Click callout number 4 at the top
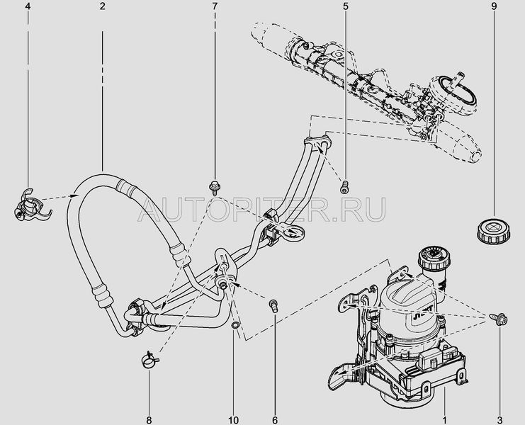(x=28, y=6)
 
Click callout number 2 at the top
(x=102, y=6)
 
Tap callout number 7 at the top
(x=214, y=6)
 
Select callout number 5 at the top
(x=345, y=6)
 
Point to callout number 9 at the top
(x=495, y=6)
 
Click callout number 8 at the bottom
(x=149, y=419)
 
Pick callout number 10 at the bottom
(x=233, y=419)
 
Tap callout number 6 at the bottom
(x=275, y=419)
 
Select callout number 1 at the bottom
(x=445, y=419)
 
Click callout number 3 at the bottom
(x=499, y=419)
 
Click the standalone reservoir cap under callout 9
(x=494, y=230)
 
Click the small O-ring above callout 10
(x=235, y=324)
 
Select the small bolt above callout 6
(x=274, y=305)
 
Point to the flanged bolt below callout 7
(x=214, y=187)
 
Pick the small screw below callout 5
(x=344, y=188)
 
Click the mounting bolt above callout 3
(x=499, y=318)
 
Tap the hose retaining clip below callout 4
(x=30, y=206)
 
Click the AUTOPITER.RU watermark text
(x=261, y=210)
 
